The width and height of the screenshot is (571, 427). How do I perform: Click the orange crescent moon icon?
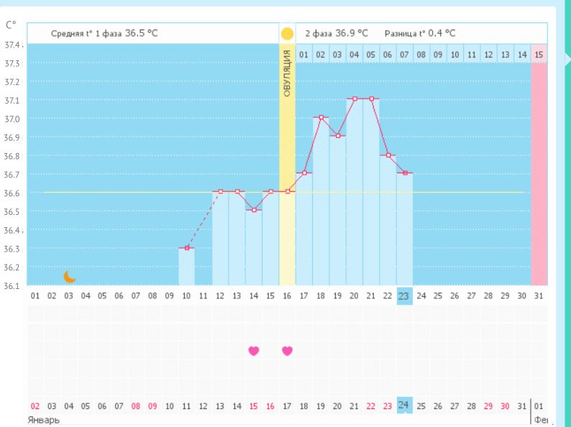click(x=70, y=276)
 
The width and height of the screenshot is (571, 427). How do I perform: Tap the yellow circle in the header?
click(x=287, y=34)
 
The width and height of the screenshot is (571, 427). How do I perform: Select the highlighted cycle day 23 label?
click(x=404, y=295)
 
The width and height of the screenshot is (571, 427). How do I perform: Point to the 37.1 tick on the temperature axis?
click(x=13, y=100)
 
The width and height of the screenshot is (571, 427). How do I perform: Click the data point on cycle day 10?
click(x=186, y=248)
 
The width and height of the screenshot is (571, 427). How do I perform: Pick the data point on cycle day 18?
click(x=321, y=117)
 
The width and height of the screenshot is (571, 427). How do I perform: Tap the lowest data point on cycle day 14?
click(x=253, y=210)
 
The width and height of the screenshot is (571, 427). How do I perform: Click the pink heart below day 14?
click(x=253, y=351)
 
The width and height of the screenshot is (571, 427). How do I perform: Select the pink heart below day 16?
click(x=287, y=351)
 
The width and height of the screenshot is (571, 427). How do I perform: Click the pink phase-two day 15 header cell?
click(x=539, y=54)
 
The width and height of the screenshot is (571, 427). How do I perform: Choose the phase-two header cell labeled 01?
click(x=303, y=54)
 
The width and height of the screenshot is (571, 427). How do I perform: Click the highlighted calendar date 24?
click(x=404, y=405)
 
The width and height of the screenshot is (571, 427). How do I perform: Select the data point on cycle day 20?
click(x=354, y=98)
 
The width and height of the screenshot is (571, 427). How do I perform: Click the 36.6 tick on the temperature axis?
click(x=13, y=193)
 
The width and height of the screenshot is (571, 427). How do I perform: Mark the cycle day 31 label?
click(x=539, y=295)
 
